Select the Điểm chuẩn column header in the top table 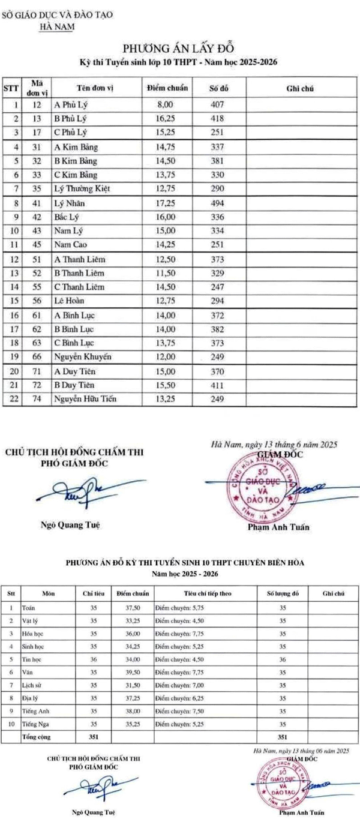[167, 88]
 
